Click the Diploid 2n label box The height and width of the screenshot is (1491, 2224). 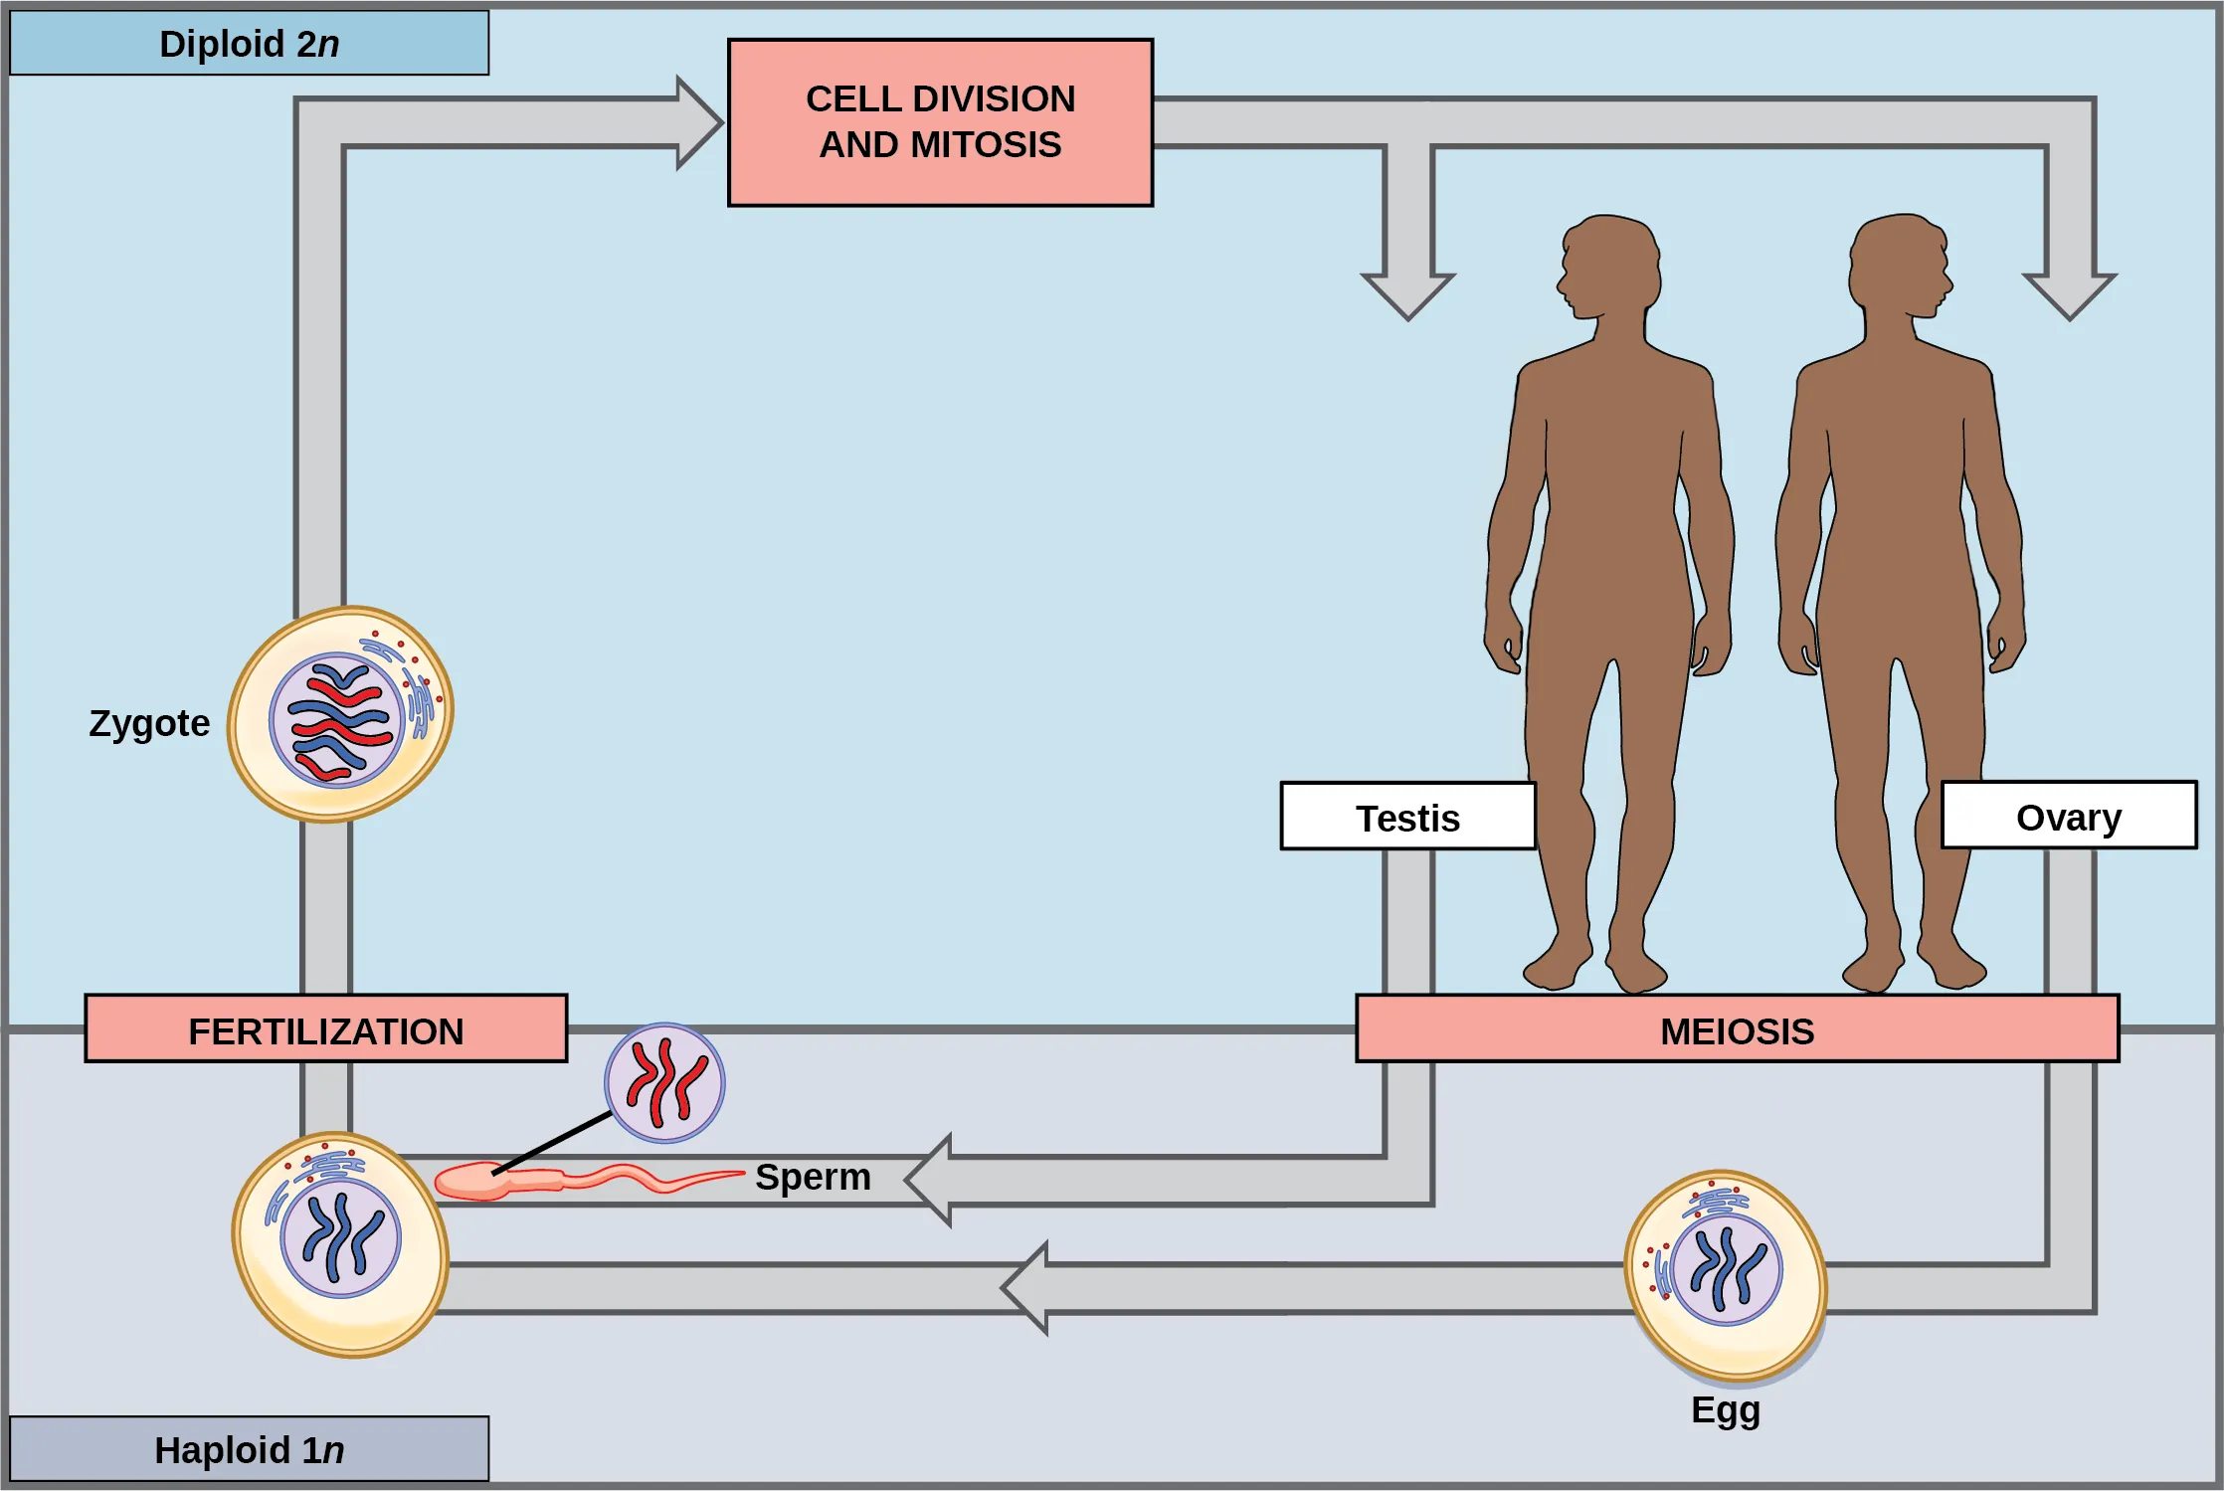[x=249, y=44]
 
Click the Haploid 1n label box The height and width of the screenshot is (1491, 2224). [x=249, y=1449]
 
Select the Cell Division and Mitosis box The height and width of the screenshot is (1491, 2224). [x=940, y=122]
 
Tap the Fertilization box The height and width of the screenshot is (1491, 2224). [x=326, y=1029]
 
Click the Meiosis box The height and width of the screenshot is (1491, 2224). [x=1737, y=1029]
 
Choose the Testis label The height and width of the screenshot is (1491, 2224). [x=1407, y=817]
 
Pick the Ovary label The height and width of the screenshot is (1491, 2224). [x=2068, y=816]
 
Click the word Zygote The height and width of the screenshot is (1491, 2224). [x=149, y=723]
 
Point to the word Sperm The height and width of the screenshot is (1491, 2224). [x=813, y=1177]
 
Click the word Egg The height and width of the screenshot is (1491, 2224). [x=1726, y=1409]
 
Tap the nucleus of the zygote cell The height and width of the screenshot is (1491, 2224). [x=337, y=720]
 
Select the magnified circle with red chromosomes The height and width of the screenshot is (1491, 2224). [x=664, y=1083]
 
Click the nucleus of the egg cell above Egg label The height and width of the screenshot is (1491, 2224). [x=1727, y=1269]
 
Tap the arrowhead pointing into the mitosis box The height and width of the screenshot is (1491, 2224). [x=698, y=122]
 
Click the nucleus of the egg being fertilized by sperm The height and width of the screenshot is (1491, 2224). [x=341, y=1238]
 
